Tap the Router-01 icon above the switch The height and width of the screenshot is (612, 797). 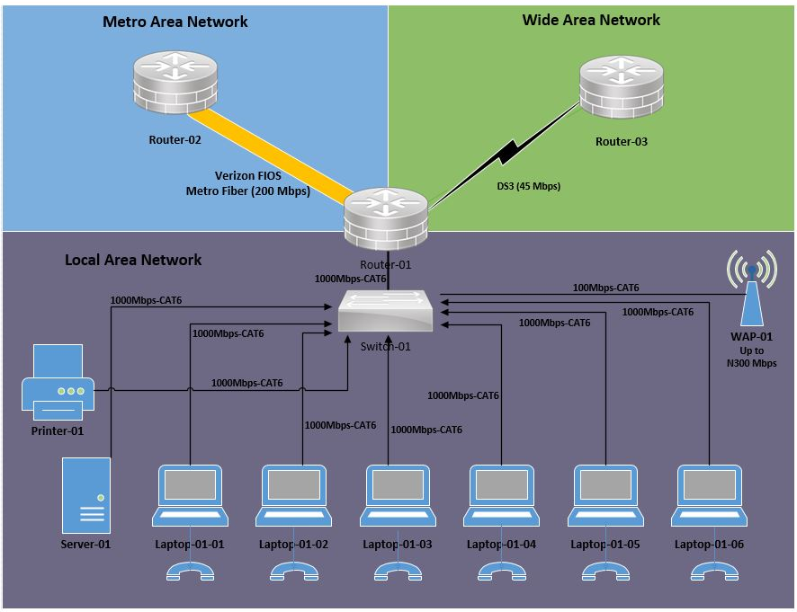(x=385, y=219)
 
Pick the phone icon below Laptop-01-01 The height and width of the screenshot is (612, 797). (x=190, y=573)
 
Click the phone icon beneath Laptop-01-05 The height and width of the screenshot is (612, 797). (x=605, y=573)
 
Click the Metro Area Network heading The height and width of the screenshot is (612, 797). (x=175, y=22)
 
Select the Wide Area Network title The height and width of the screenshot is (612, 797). (x=591, y=20)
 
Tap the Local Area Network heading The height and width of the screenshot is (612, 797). (x=133, y=260)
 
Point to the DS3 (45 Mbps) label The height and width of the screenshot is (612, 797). (x=529, y=186)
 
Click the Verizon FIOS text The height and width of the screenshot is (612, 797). (x=247, y=176)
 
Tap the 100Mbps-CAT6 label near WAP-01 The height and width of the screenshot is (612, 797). (x=605, y=288)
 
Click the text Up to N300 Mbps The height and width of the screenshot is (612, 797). (x=751, y=357)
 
